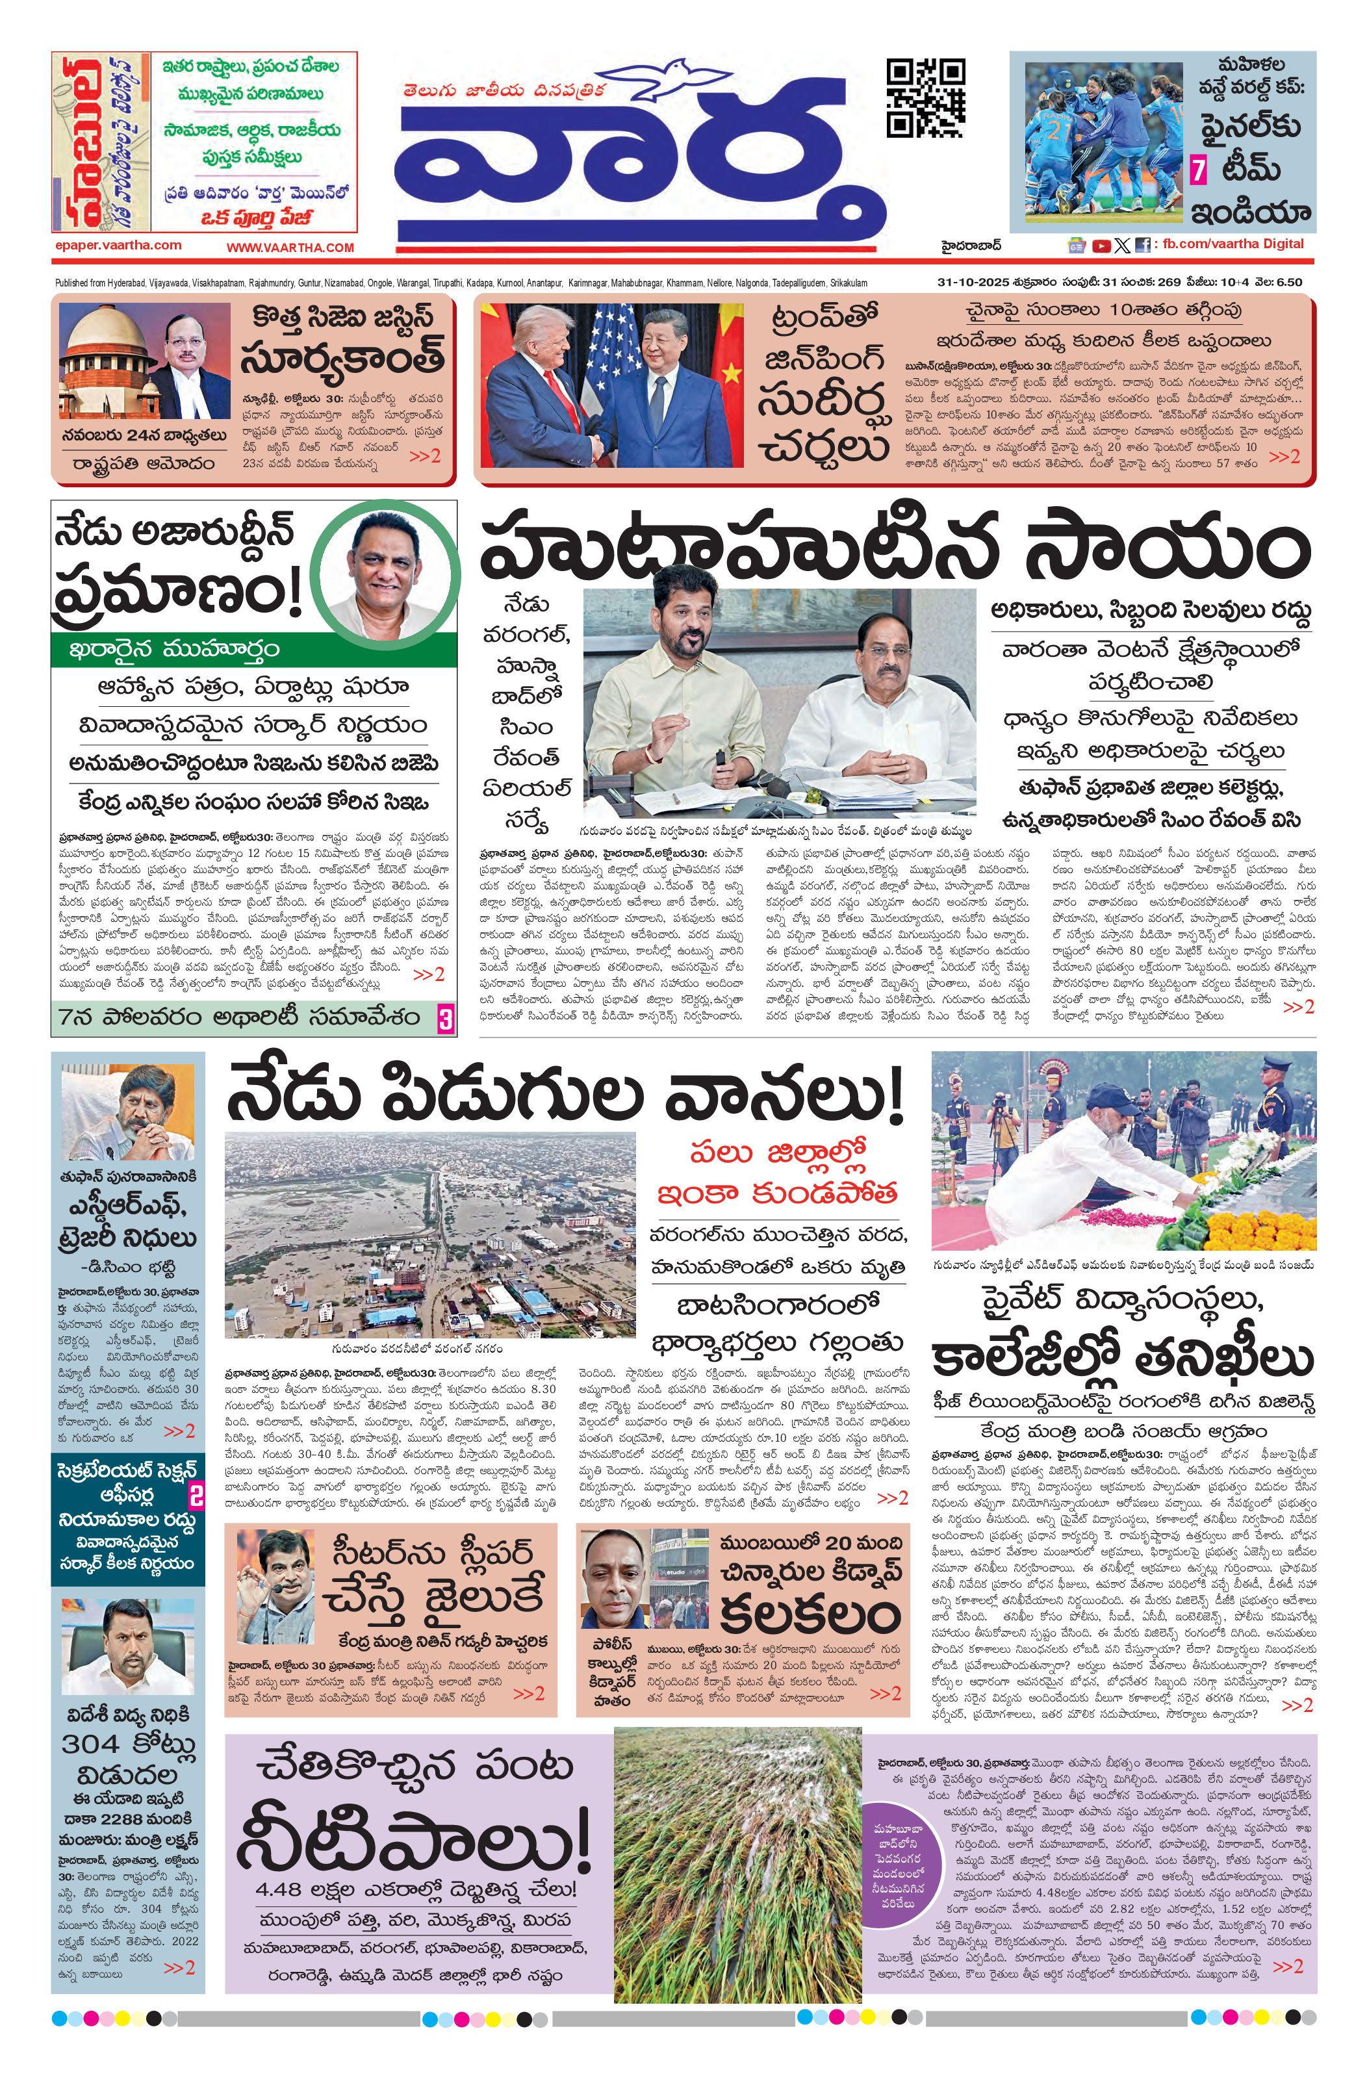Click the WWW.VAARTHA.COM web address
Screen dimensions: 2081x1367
point(290,248)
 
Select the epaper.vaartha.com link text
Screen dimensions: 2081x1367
point(118,246)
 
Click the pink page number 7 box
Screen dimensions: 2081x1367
point(1198,170)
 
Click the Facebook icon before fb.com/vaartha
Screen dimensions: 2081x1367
point(1142,246)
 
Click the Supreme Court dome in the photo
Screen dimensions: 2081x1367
point(98,333)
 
